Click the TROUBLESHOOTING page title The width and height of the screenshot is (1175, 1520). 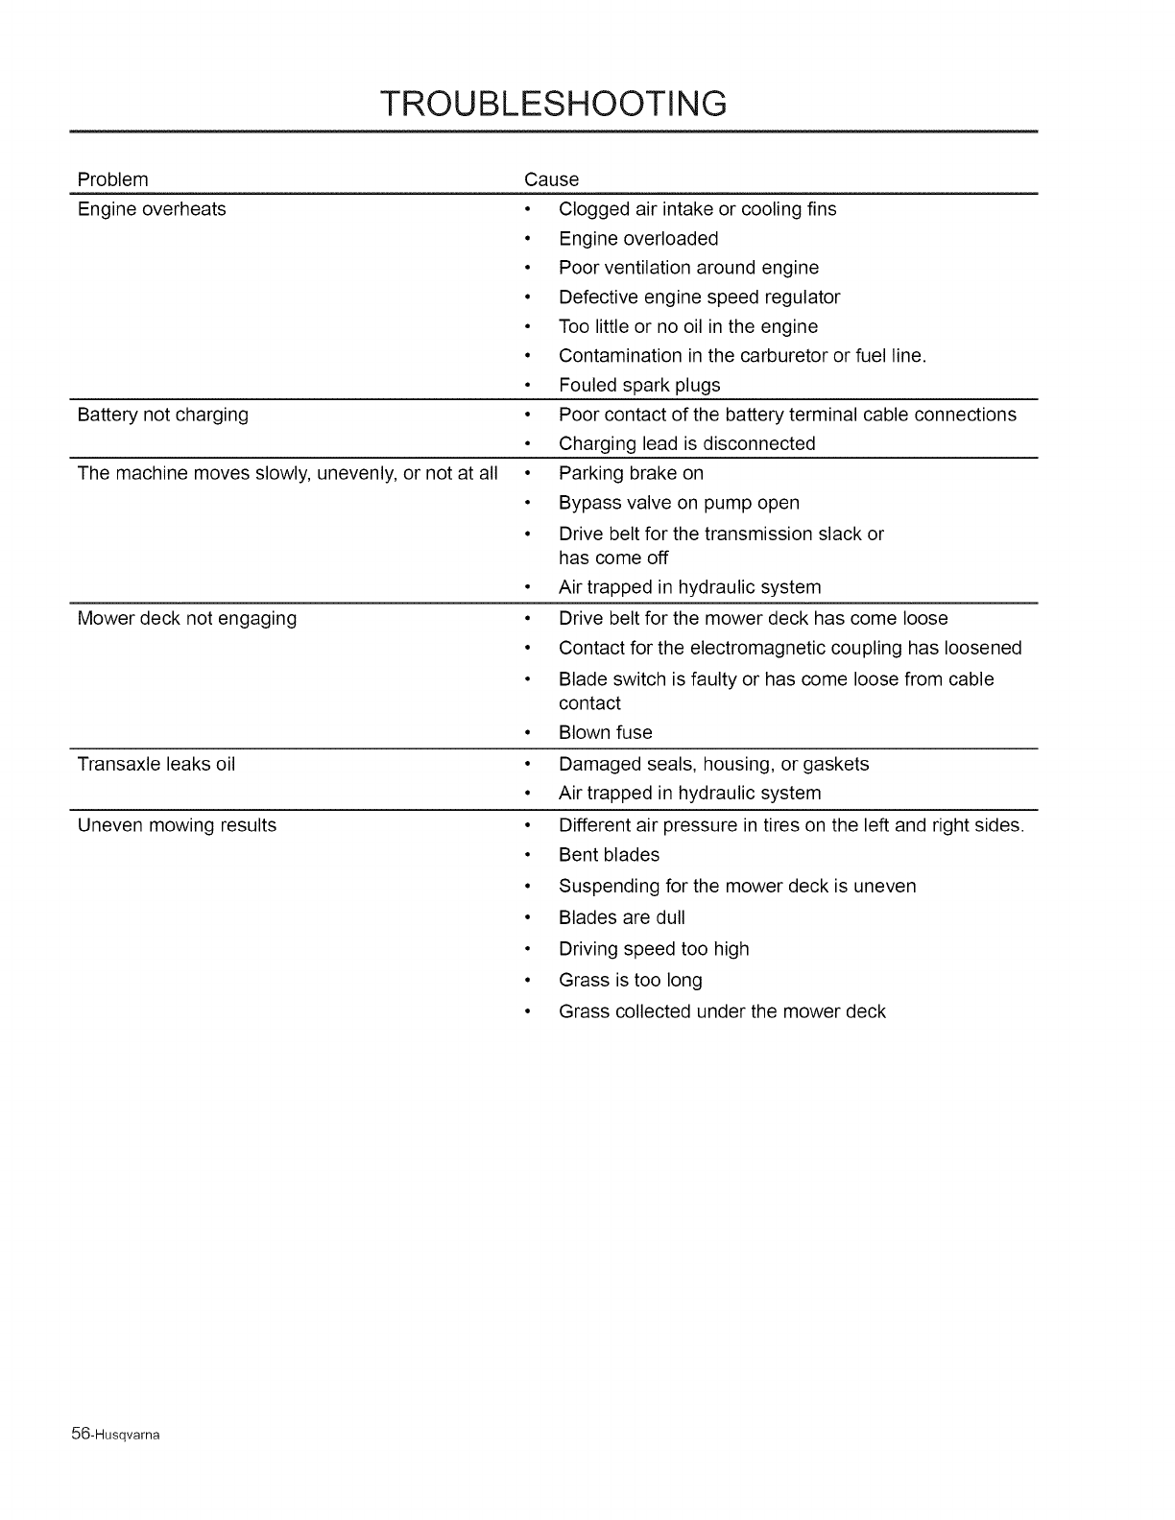pos(553,103)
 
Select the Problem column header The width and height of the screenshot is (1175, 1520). pos(112,179)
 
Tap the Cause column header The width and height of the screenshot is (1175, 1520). pos(551,179)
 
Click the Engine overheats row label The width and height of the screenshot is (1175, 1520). pos(152,209)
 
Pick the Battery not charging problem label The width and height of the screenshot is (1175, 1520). pos(162,415)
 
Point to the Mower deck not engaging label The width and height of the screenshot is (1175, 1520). pos(186,618)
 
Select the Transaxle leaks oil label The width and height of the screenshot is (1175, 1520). pos(156,764)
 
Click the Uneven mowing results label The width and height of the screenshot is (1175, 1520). pos(177,825)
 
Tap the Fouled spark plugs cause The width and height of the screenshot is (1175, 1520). pos(639,385)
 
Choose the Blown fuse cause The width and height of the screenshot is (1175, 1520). pos(606,732)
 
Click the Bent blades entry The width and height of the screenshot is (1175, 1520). pos(609,855)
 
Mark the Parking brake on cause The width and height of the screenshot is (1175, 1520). pos(631,473)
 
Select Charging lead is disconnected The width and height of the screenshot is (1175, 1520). pos(686,443)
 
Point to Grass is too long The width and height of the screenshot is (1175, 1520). pos(630,980)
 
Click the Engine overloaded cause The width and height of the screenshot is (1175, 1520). pos(638,238)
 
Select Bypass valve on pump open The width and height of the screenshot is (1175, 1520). pos(679,503)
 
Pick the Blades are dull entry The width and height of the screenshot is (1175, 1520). pos(621,917)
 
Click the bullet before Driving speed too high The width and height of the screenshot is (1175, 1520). pos(527,949)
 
